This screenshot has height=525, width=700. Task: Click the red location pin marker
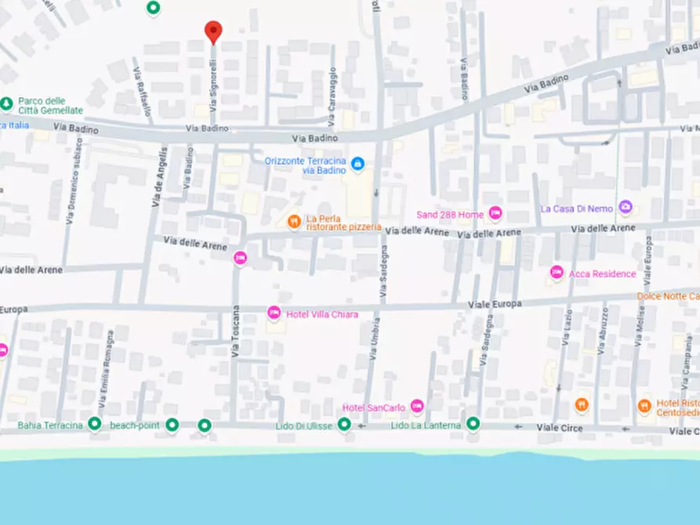[213, 31]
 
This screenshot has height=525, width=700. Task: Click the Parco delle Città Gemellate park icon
[7, 103]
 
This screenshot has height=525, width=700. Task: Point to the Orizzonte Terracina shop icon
[357, 164]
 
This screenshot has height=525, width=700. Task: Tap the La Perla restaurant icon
[294, 222]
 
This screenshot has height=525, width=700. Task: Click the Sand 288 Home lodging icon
[495, 213]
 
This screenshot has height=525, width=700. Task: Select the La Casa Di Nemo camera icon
[625, 208]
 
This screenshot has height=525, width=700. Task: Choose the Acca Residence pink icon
[557, 273]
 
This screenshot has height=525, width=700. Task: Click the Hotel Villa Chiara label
[322, 314]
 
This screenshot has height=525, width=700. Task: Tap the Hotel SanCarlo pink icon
[417, 406]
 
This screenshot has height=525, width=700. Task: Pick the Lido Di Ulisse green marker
[343, 425]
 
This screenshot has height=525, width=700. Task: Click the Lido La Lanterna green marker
[473, 424]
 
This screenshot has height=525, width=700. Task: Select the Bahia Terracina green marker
[95, 425]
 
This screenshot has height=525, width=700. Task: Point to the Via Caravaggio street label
[332, 99]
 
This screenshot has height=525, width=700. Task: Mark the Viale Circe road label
[560, 428]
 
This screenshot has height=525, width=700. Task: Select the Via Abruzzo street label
[602, 329]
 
